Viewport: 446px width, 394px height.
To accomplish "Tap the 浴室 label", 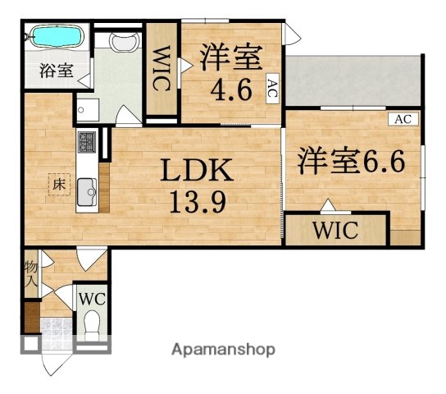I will point(57,71).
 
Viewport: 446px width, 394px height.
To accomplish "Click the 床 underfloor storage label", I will point(60,186).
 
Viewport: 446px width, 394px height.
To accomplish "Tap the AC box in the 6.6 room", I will point(402,119).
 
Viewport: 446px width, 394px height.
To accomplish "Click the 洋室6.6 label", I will point(351,158).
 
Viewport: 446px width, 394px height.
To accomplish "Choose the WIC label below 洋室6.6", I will point(334,229).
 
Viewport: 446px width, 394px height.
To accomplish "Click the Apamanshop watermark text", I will point(223,349).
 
